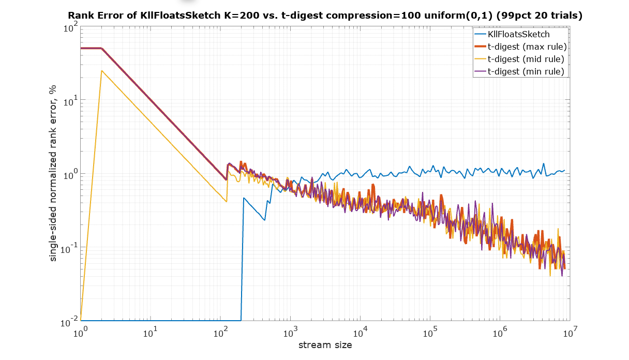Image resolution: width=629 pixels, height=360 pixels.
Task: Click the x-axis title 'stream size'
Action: (x=325, y=345)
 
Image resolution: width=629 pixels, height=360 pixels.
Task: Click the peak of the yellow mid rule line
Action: (x=102, y=71)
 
